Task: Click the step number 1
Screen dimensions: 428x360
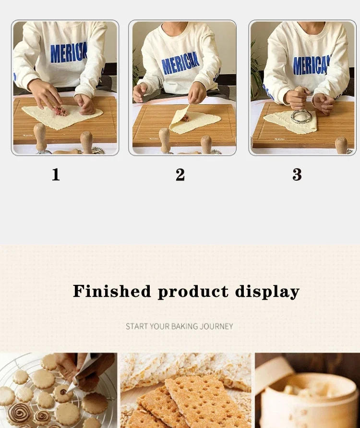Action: click(56, 175)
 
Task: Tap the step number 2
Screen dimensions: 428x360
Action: click(180, 175)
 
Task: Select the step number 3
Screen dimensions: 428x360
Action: click(297, 175)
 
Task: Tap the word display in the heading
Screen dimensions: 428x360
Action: click(267, 291)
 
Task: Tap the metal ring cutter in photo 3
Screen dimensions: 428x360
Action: click(302, 116)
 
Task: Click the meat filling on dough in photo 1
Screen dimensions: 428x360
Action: click(60, 110)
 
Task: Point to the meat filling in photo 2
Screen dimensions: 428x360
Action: click(185, 117)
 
